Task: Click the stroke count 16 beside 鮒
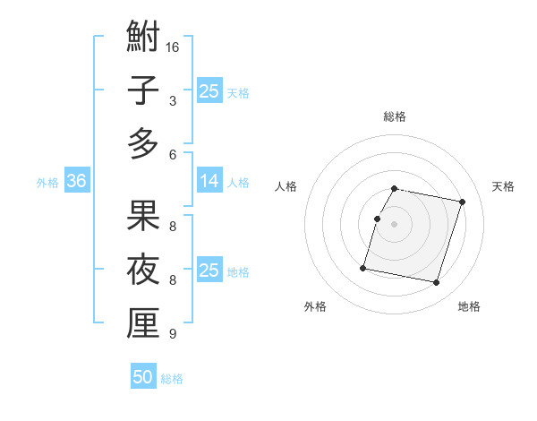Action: pyautogui.click(x=174, y=46)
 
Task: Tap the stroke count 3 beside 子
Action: pyautogui.click(x=172, y=101)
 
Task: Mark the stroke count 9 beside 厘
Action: pyautogui.click(x=172, y=334)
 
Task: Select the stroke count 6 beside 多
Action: pyautogui.click(x=172, y=154)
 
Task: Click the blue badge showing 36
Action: pyautogui.click(x=76, y=181)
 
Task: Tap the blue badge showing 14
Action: pyautogui.click(x=209, y=181)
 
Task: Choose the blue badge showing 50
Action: pyautogui.click(x=143, y=377)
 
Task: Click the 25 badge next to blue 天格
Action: pyautogui.click(x=209, y=90)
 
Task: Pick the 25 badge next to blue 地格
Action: pyautogui.click(x=209, y=271)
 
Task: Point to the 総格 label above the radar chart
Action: pyautogui.click(x=395, y=116)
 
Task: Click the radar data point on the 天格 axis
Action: pyautogui.click(x=462, y=202)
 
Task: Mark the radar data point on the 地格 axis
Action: pyautogui.click(x=436, y=283)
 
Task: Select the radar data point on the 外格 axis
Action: pyautogui.click(x=363, y=268)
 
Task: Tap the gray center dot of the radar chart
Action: pyautogui.click(x=395, y=225)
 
